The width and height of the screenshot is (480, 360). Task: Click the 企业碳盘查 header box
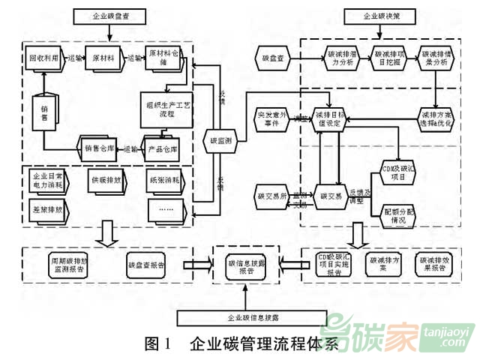[x=109, y=15]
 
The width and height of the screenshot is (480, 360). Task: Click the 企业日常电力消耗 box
[x=46, y=181]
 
